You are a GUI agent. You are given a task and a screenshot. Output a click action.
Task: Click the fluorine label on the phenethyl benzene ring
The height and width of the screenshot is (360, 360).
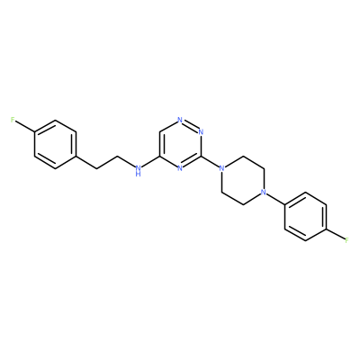13,120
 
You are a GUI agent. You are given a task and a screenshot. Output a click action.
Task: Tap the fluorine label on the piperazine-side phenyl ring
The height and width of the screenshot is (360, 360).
347,240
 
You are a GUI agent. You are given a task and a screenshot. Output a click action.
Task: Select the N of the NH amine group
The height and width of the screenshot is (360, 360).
138,168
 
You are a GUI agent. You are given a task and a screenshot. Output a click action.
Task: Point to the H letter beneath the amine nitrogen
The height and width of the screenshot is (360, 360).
138,174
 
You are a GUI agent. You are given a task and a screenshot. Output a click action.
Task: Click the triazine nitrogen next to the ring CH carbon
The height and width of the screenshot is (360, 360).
180,120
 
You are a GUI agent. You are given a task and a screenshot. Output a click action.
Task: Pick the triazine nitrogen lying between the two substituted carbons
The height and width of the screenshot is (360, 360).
180,168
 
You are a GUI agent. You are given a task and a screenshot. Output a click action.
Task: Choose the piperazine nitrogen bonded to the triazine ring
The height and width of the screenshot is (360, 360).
221,168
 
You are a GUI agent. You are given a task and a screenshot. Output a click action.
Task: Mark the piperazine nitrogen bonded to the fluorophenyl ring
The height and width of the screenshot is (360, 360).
264,192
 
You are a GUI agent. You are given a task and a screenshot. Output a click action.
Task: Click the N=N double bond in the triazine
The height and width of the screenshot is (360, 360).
191,126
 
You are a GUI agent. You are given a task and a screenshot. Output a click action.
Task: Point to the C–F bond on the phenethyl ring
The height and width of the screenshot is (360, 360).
24,127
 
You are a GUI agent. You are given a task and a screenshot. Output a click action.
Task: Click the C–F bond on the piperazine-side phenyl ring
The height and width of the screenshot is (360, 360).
336,234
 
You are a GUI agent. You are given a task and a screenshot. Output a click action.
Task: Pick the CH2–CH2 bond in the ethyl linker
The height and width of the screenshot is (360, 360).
107,162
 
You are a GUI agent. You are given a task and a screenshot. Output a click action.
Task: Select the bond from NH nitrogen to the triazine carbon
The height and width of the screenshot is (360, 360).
150,161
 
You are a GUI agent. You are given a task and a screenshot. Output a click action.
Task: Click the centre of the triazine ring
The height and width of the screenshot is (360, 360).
180,144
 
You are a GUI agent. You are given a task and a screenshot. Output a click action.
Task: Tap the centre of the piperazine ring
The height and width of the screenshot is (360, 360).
243,180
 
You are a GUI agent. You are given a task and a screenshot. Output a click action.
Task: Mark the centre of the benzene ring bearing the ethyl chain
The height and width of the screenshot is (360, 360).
55,144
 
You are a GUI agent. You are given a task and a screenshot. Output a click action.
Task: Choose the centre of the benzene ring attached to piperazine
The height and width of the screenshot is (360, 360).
305,216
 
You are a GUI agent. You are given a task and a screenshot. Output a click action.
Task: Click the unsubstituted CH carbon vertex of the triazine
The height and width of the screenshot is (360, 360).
159,132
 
